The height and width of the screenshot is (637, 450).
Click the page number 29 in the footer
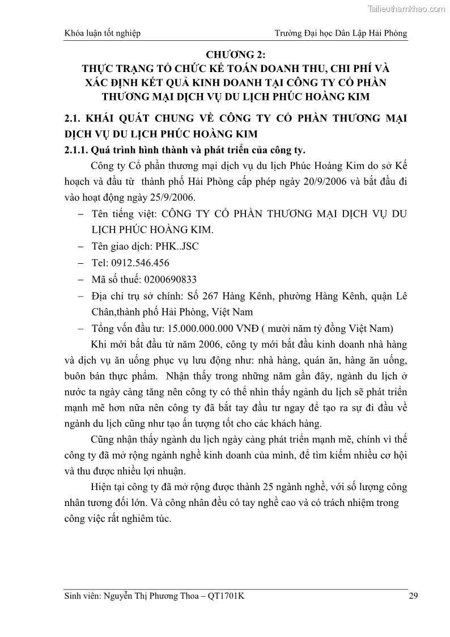(413, 595)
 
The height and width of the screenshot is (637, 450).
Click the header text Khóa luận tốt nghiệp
(103, 33)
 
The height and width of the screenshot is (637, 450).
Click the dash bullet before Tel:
(79, 263)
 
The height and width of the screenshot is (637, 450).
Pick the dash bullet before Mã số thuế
(79, 279)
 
